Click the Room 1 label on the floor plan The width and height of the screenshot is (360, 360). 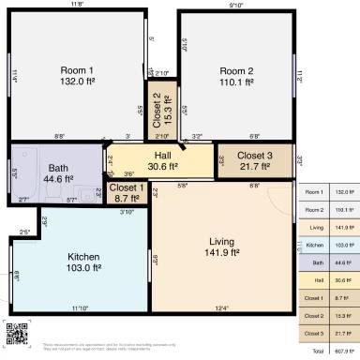(78, 71)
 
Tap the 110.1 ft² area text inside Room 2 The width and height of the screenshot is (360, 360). (236, 82)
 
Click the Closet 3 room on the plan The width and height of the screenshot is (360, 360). (254, 156)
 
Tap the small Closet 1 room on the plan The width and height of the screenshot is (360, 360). (127, 187)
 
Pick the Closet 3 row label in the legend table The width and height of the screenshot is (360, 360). (315, 333)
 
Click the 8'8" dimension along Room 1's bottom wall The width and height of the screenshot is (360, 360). (60, 136)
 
